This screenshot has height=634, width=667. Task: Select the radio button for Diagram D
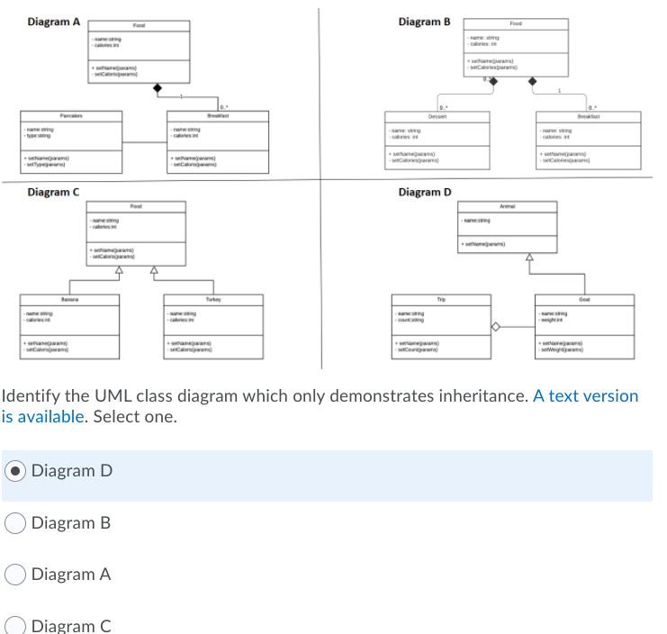coord(16,471)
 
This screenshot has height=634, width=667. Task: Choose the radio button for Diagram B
coord(16,523)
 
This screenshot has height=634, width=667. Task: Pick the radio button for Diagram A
coord(16,575)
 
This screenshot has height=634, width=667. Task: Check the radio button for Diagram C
coord(16,626)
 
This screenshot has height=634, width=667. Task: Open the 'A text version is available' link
coord(585,396)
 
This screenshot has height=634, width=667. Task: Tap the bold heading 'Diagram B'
coord(423,22)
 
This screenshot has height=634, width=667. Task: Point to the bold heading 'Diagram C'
coord(53,192)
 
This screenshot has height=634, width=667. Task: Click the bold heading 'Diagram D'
coord(424,192)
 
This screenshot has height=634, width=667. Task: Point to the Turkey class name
coord(212,297)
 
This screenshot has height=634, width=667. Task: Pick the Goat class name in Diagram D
coord(585,297)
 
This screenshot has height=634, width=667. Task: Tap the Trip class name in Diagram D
coord(441,297)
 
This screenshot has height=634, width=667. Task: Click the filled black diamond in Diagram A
coord(159,87)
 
